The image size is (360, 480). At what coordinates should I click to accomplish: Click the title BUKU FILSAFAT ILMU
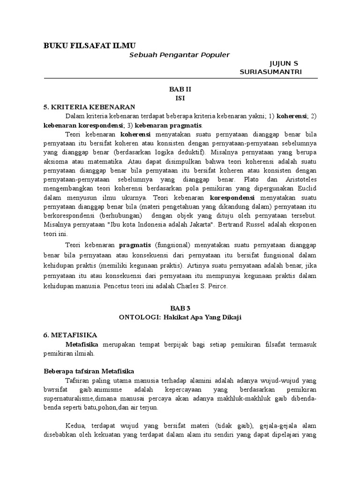point(89,45)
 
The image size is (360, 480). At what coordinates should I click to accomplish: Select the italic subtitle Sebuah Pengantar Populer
point(180,55)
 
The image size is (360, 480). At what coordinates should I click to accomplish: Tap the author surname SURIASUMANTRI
point(270,71)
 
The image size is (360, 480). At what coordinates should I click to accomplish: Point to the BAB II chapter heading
point(180,89)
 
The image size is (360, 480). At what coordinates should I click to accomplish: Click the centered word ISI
point(180,97)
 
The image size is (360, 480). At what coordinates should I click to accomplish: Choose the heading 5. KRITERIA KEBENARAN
point(89,106)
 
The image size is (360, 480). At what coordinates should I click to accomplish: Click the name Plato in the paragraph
point(252,180)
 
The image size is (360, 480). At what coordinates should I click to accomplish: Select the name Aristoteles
point(300,180)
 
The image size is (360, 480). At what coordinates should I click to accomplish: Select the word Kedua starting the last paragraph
point(75,425)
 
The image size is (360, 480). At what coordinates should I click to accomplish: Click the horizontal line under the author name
point(180,78)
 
